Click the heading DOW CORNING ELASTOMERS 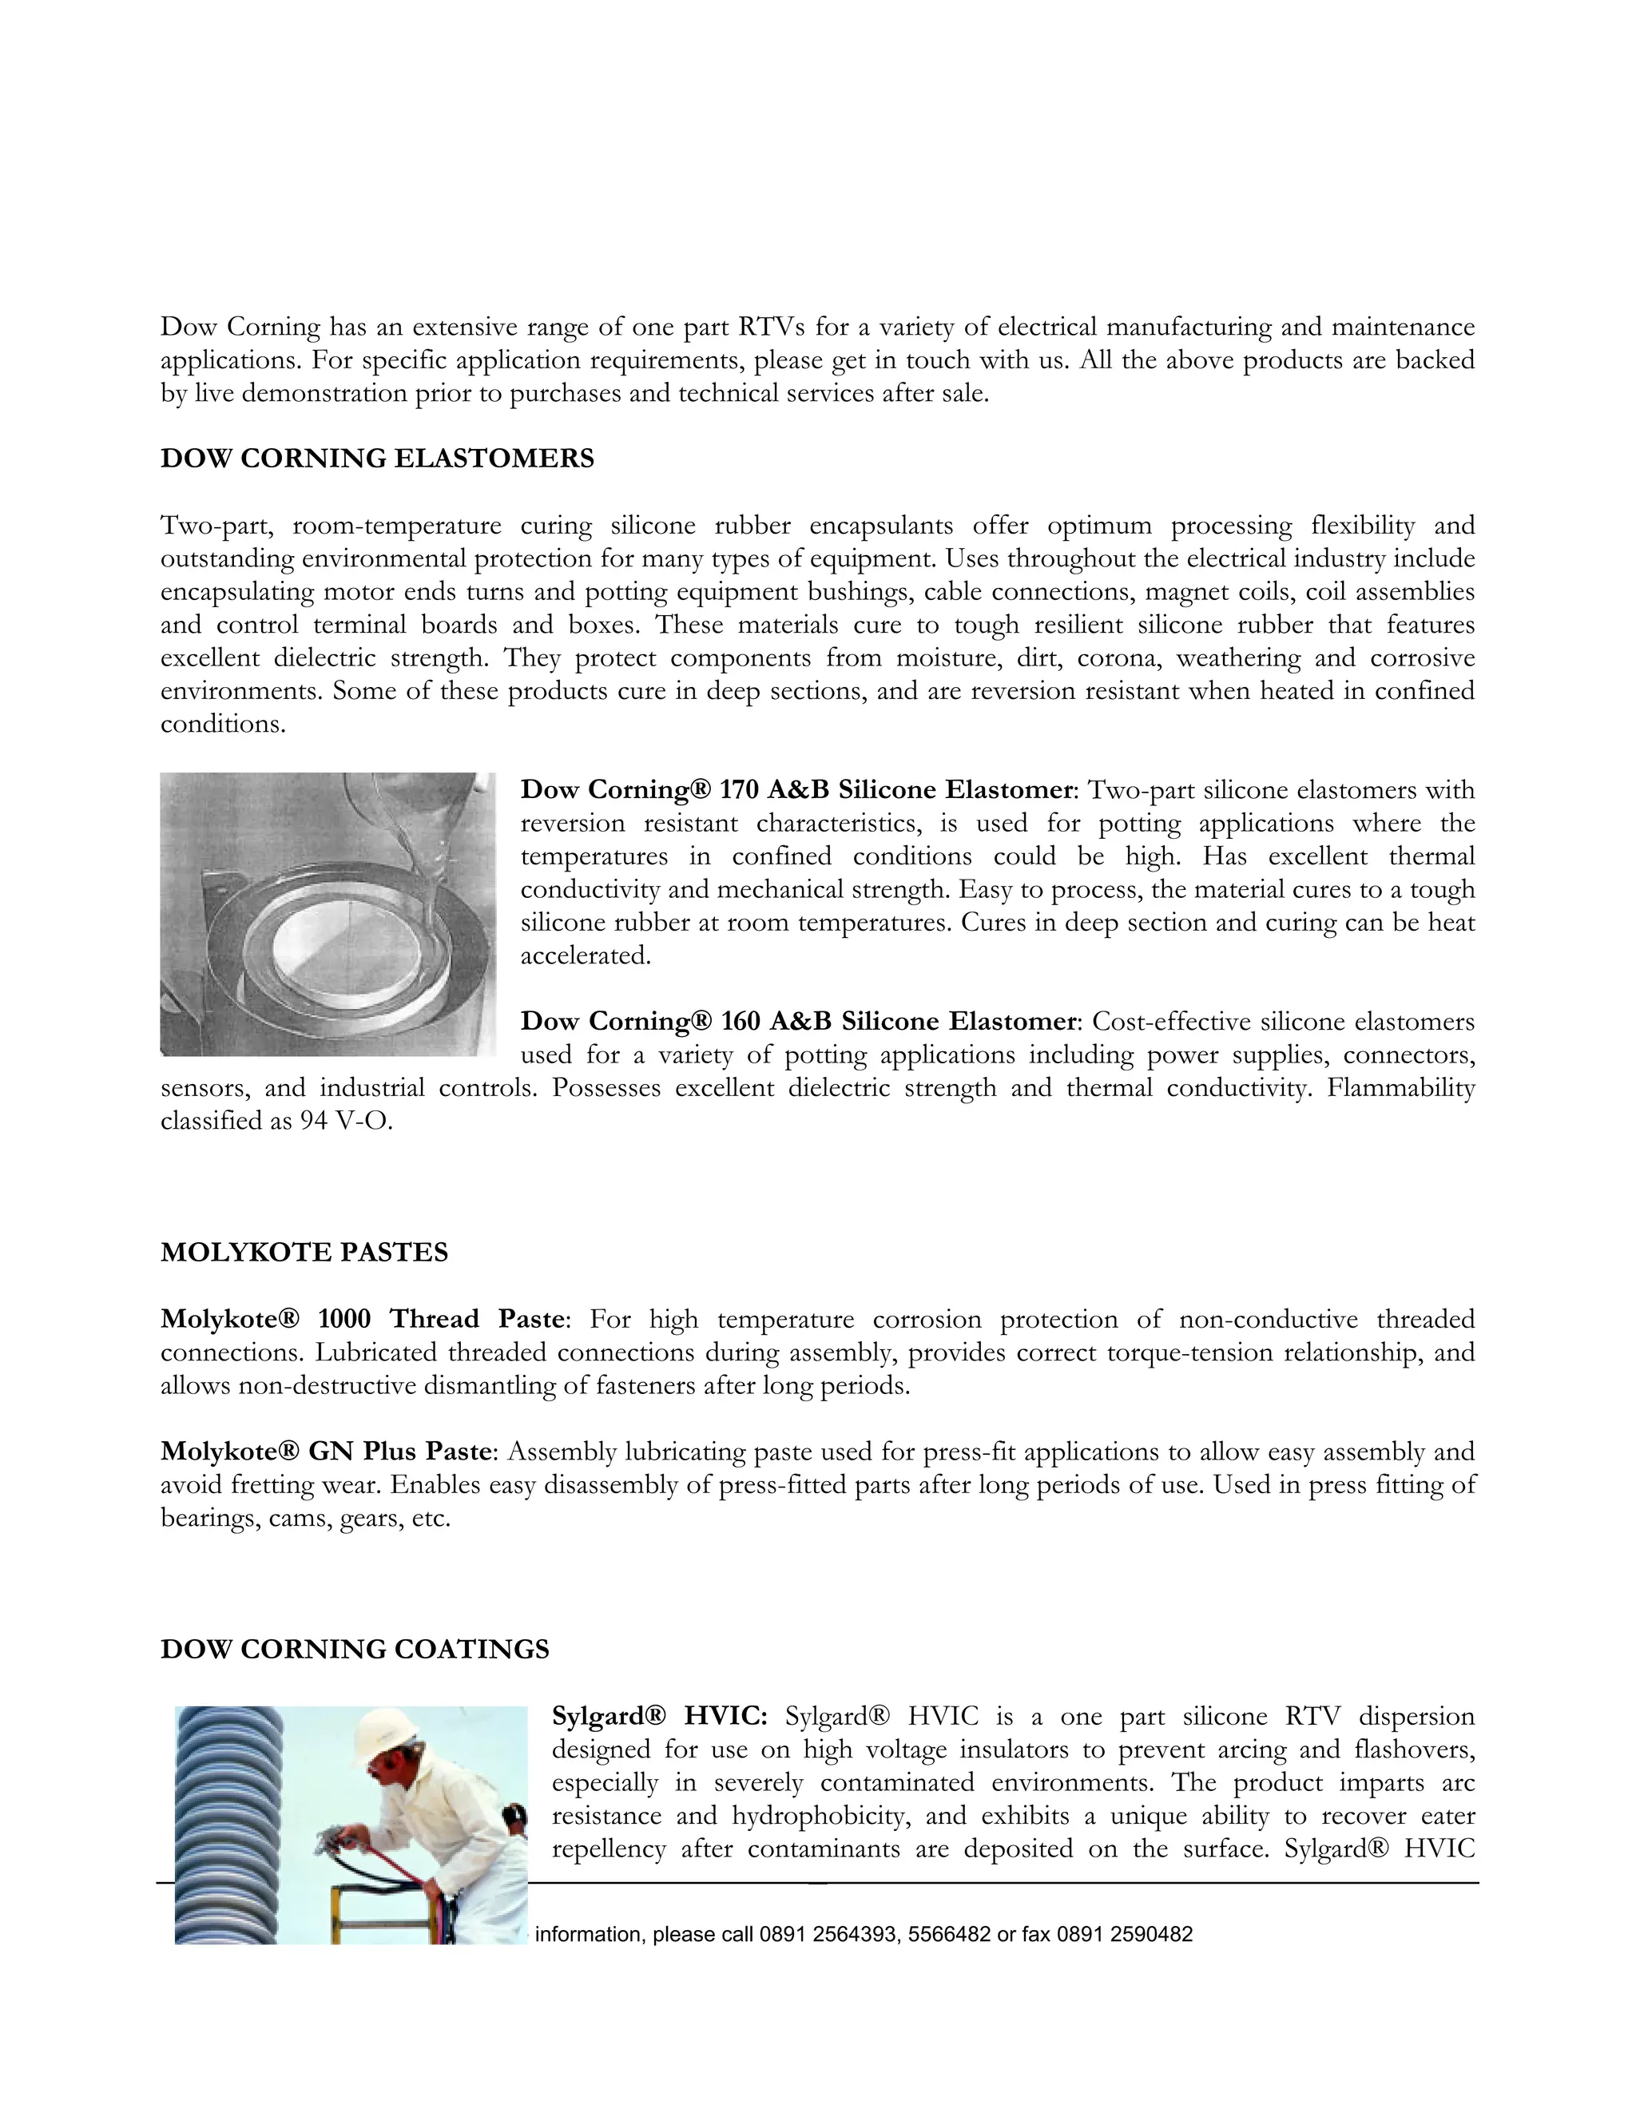coord(377,459)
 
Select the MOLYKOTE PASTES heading coord(304,1253)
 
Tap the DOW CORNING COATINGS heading coord(355,1649)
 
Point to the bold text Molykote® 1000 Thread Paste coord(362,1318)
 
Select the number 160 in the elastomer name coord(741,1021)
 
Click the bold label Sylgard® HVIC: coord(659,1716)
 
